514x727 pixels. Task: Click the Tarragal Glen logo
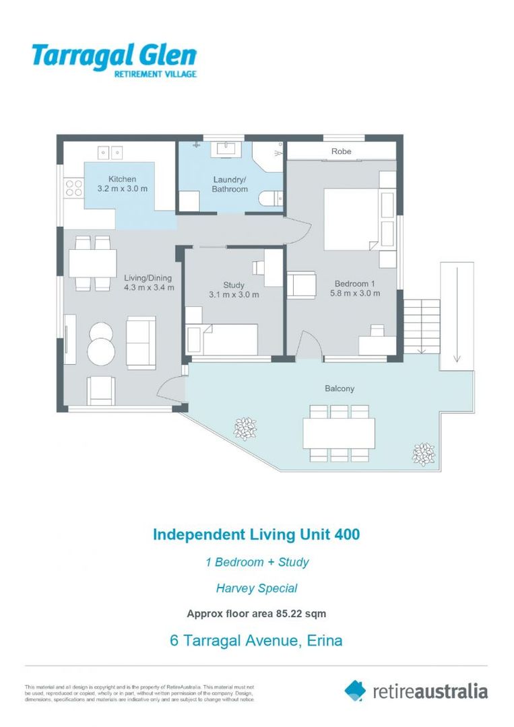[114, 60]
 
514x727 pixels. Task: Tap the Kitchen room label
[122, 179]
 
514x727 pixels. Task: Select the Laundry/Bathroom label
[230, 184]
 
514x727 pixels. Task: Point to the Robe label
[341, 151]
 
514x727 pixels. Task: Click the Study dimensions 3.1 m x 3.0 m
[234, 295]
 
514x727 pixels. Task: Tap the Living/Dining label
[148, 277]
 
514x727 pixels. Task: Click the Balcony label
[339, 388]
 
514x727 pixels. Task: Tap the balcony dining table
[339, 433]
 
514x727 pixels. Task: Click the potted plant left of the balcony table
[245, 427]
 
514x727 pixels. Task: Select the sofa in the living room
[141, 342]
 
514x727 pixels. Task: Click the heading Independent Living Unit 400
[256, 534]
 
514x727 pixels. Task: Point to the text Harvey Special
[256, 588]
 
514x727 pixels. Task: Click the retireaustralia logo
[416, 691]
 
